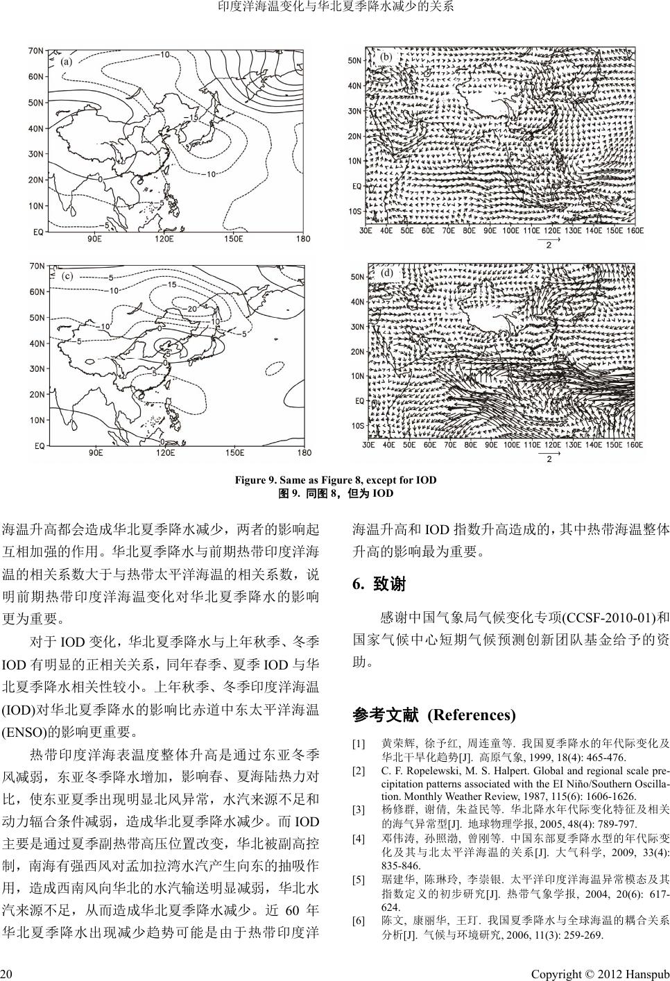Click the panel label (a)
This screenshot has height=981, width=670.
pyautogui.click(x=67, y=62)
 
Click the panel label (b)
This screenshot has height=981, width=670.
pyautogui.click(x=387, y=56)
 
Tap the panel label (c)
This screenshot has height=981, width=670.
pyautogui.click(x=67, y=275)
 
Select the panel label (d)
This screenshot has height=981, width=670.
pyautogui.click(x=387, y=273)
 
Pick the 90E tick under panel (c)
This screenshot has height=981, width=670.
pyautogui.click(x=95, y=453)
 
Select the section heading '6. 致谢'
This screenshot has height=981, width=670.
pyautogui.click(x=379, y=585)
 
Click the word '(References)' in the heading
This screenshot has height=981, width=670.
pyautogui.click(x=472, y=715)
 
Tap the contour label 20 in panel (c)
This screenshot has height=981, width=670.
pyautogui.click(x=193, y=308)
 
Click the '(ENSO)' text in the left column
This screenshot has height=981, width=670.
pyautogui.click(x=26, y=731)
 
